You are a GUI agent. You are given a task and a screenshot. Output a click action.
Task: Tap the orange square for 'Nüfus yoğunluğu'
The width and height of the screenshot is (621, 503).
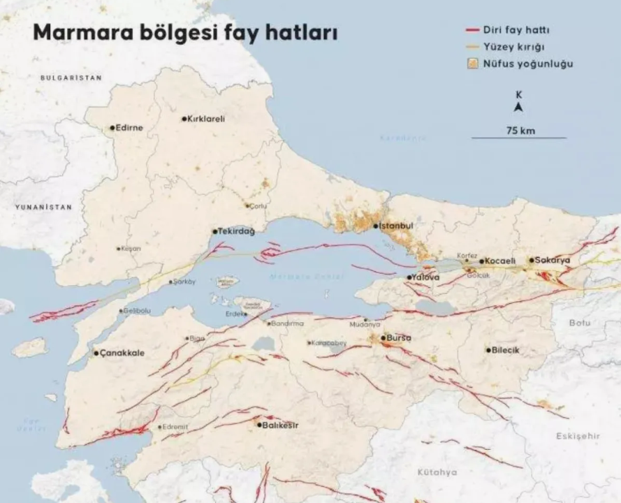(472, 64)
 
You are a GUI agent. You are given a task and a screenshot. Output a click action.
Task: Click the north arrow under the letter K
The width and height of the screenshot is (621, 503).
(518, 108)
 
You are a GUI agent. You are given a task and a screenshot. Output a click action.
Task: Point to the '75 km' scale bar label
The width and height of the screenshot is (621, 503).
(520, 131)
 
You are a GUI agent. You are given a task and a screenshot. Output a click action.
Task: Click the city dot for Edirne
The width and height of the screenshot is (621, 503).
(112, 128)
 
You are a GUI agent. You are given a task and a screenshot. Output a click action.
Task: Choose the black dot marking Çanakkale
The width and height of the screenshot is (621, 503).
(96, 353)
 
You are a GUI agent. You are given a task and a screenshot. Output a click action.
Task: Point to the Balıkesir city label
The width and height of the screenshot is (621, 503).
(281, 425)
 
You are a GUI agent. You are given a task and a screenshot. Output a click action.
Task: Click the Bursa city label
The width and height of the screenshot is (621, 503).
(399, 338)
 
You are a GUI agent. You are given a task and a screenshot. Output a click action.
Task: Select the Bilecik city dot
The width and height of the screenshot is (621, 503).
(488, 350)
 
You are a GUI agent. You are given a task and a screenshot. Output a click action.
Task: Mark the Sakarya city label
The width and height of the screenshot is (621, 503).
(553, 260)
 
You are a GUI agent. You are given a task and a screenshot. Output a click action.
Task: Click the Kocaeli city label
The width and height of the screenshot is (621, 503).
(501, 261)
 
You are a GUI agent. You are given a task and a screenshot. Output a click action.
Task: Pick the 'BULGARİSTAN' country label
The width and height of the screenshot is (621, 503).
(71, 78)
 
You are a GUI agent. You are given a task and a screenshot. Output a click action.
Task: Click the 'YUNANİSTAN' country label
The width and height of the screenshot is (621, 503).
(44, 207)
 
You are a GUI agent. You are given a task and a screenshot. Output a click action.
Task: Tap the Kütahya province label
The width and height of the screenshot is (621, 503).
(437, 472)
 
